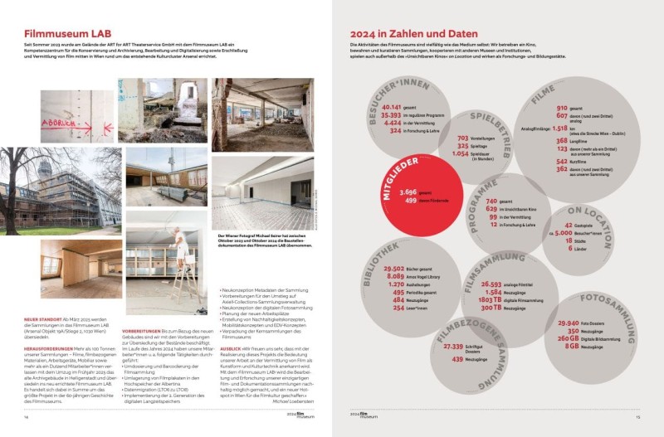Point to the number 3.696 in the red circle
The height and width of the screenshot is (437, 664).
pos(408,192)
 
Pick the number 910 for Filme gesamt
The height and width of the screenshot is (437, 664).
pos(562,108)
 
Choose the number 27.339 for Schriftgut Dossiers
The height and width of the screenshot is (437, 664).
pos(453,346)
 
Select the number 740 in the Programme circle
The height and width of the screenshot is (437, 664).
pos(491,202)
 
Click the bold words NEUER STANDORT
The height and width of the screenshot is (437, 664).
pos(41,319)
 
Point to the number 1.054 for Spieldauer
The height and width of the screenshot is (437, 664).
pos(461,153)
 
